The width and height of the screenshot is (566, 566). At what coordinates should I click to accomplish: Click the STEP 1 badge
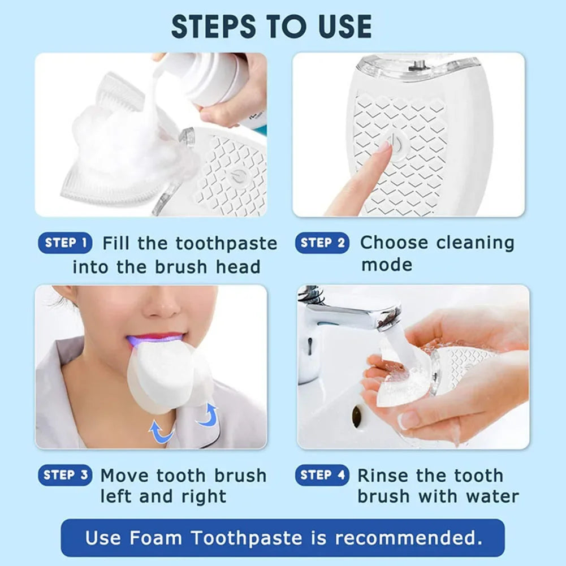point(66,243)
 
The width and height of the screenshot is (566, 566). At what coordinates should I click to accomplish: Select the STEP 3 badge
point(66,476)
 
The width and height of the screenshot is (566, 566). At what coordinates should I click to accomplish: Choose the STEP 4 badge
point(322,476)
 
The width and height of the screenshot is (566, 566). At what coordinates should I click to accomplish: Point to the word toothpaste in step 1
point(226,244)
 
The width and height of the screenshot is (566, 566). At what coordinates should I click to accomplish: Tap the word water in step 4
point(492,496)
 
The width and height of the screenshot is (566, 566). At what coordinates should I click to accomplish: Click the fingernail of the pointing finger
point(384,148)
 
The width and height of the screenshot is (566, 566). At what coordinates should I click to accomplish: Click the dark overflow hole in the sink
point(357,417)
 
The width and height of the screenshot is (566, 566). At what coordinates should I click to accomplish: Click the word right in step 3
point(203,496)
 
